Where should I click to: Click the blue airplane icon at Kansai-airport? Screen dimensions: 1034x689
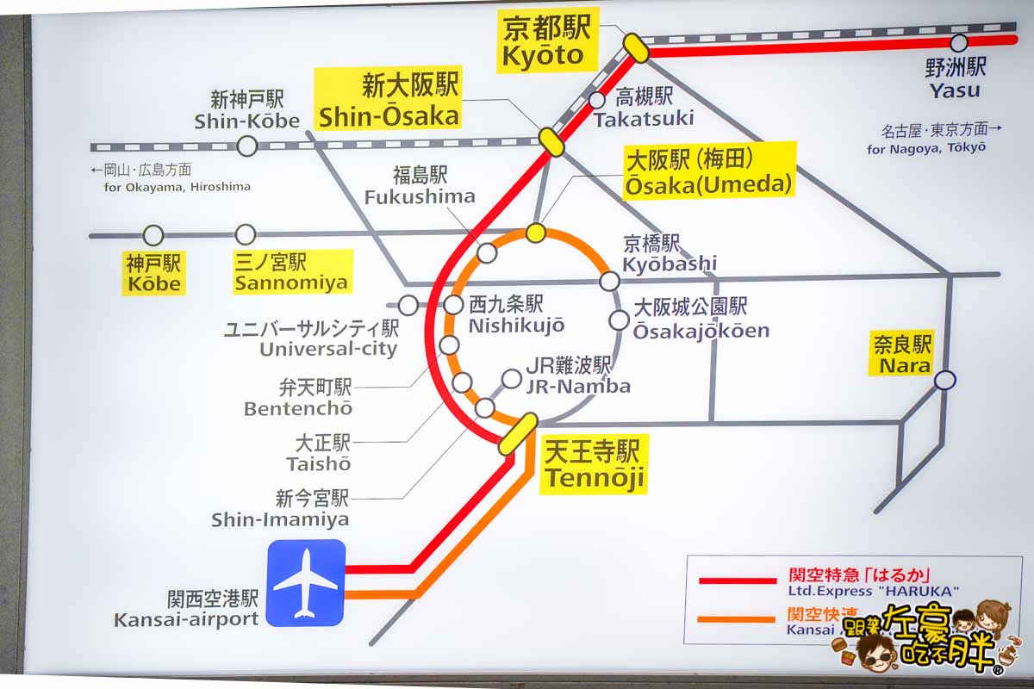click(305, 582)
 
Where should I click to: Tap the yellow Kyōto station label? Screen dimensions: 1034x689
click(546, 43)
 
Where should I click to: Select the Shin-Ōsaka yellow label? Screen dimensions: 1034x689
click(388, 101)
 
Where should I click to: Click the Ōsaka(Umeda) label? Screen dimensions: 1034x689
click(709, 171)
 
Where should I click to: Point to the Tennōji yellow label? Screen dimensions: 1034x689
click(594, 464)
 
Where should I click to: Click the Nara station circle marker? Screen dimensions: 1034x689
click(945, 380)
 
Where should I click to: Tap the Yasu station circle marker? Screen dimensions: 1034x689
click(959, 43)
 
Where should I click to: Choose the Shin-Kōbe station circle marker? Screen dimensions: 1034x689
click(247, 146)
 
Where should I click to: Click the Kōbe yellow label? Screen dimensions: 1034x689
click(153, 273)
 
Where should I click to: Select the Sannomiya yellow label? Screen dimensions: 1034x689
click(292, 271)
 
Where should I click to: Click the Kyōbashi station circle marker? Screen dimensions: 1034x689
click(610, 281)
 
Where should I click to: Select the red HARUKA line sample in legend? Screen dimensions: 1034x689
click(736, 580)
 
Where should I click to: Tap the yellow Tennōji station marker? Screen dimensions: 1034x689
click(518, 433)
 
